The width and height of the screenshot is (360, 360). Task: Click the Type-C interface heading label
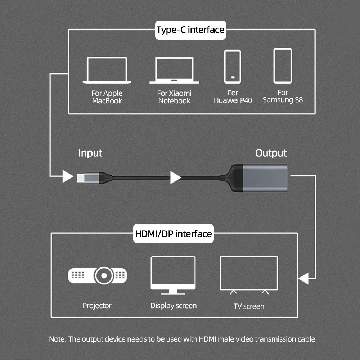(190, 30)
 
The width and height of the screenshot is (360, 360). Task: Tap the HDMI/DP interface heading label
(173, 234)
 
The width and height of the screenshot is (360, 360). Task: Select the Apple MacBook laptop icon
(107, 70)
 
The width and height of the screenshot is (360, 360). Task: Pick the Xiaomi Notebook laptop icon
(174, 70)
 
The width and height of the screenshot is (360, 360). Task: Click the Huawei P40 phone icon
(232, 67)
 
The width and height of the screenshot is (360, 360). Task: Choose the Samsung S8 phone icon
(283, 66)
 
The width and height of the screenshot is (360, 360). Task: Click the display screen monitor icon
(173, 274)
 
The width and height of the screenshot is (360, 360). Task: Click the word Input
(90, 153)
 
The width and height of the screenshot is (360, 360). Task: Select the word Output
(271, 153)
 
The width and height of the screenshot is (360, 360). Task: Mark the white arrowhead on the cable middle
(175, 177)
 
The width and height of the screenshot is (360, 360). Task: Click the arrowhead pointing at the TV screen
(303, 278)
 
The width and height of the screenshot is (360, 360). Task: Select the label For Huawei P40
(233, 97)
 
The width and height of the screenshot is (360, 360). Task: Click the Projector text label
(97, 306)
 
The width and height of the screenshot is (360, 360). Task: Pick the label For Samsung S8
(283, 96)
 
